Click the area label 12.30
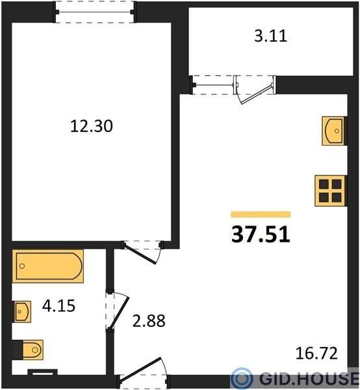(92, 126)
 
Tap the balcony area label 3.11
(271, 36)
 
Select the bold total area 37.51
(261, 234)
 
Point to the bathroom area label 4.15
(58, 305)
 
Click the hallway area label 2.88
(149, 321)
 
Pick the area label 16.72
(316, 353)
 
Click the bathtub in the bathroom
(47, 266)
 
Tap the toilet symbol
(28, 350)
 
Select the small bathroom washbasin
(22, 311)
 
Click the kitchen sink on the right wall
(335, 131)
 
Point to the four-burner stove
(331, 190)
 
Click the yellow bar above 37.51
(261, 214)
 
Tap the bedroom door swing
(142, 252)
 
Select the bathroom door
(118, 311)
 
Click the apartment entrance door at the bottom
(144, 370)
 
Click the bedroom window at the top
(94, 12)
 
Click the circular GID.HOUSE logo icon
(242, 378)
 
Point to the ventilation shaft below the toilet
(42, 372)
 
